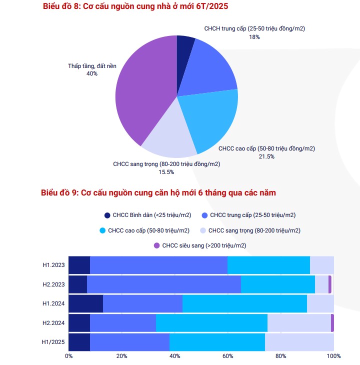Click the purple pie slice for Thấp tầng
142,90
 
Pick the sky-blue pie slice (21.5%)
210,120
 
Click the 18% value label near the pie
254,37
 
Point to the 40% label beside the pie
92,73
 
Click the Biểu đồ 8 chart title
136,6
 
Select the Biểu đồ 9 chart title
158,192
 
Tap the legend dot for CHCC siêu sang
156,245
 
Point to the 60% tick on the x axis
228,356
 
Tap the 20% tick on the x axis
121,356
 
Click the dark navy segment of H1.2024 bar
85,303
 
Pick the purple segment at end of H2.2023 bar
330,284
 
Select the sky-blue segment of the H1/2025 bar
217,342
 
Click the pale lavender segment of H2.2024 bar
299,323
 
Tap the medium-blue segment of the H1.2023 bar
158,265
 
